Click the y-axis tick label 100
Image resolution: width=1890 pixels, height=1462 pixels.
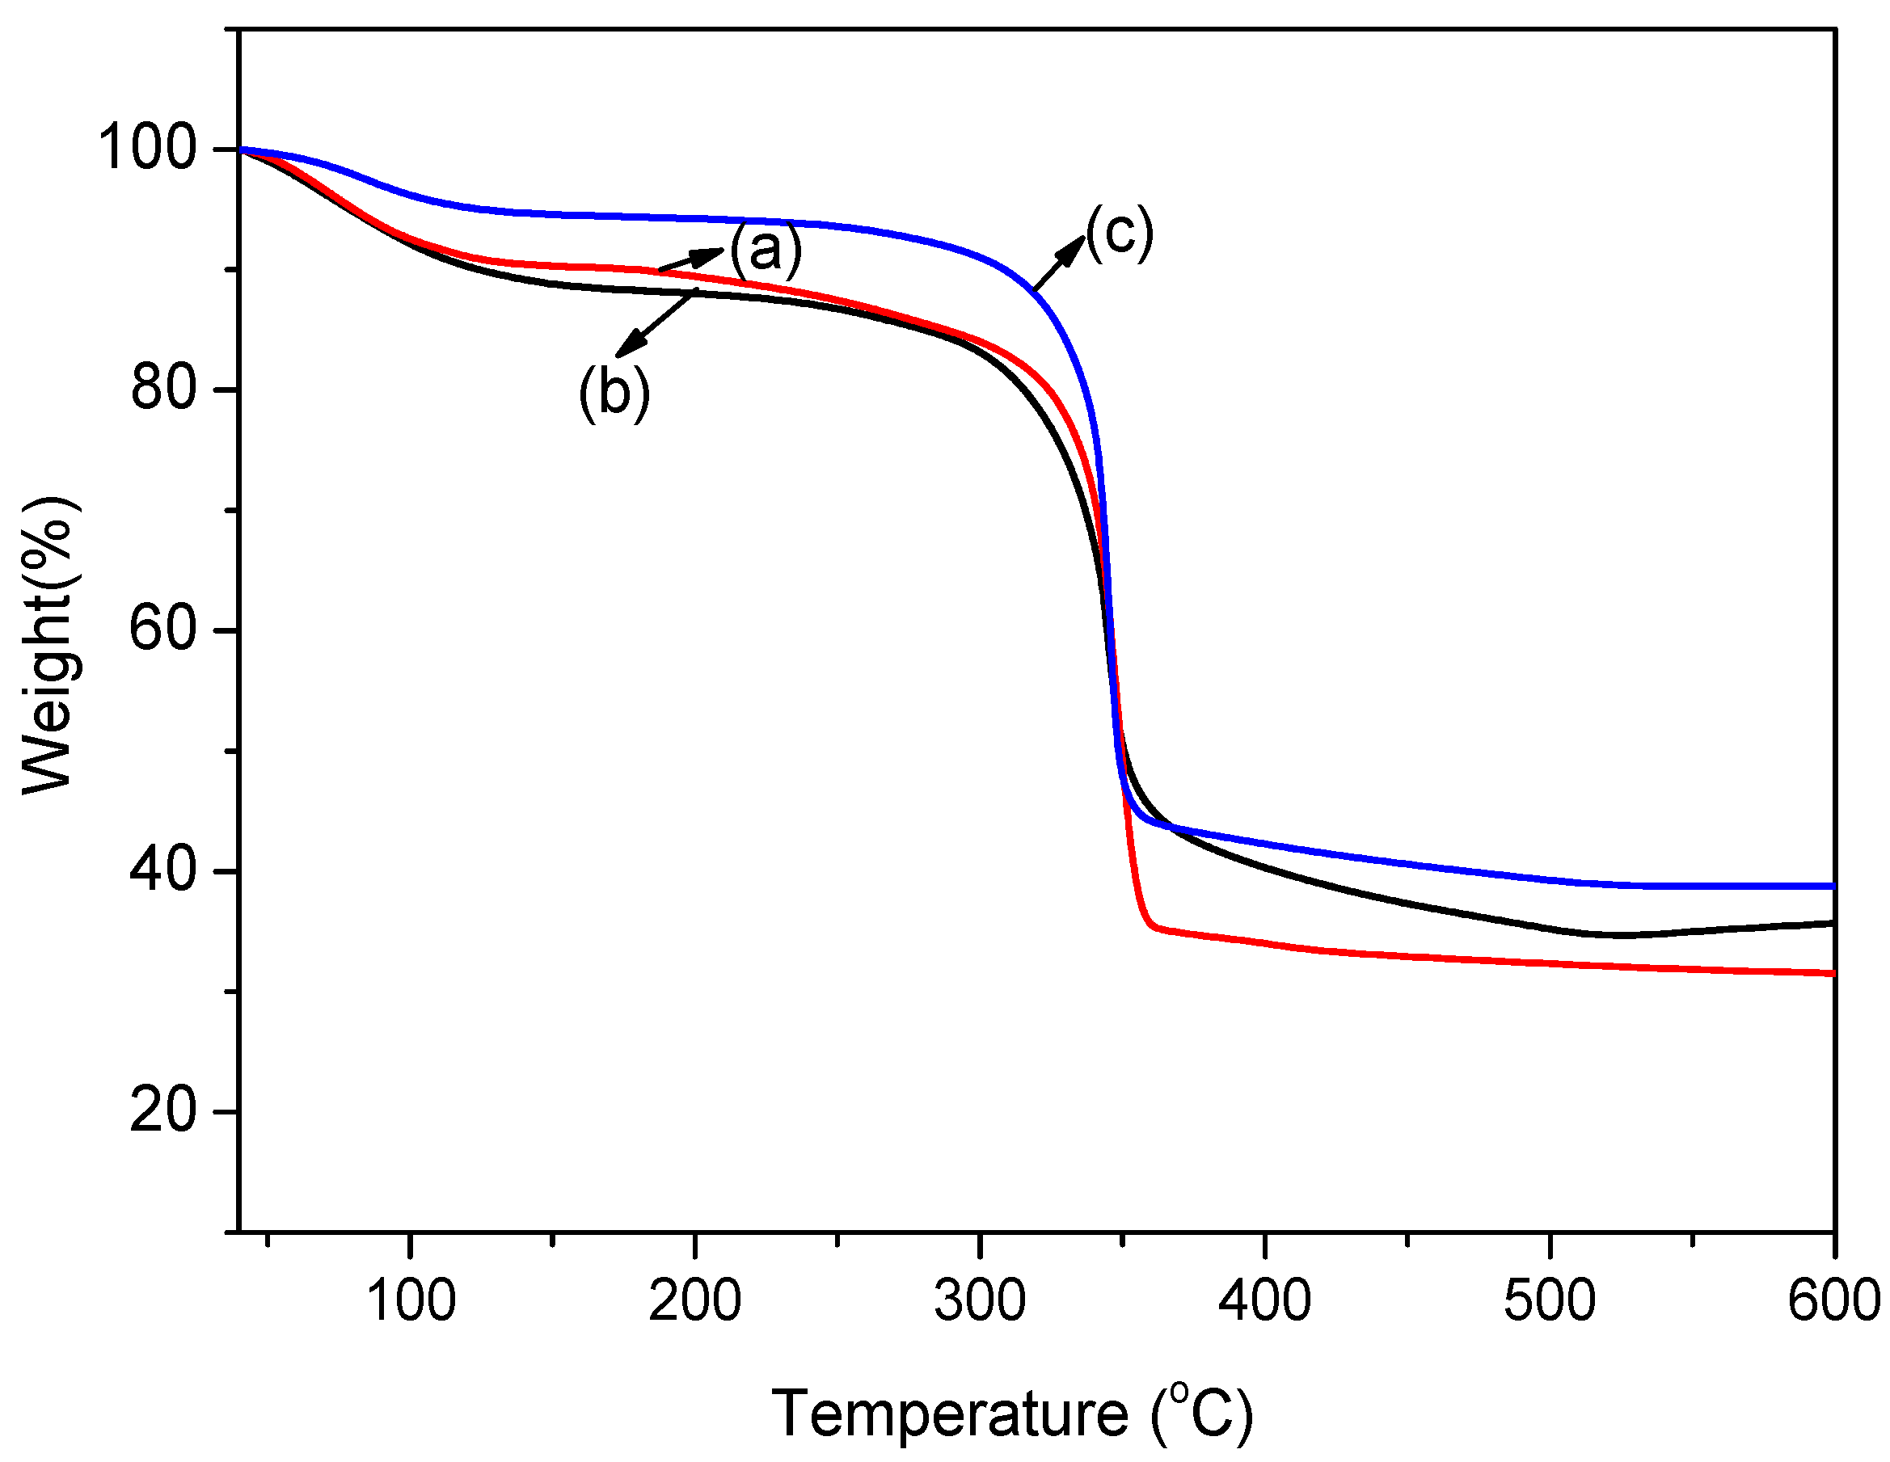pos(147,148)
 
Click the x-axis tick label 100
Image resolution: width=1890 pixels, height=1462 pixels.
pos(410,1300)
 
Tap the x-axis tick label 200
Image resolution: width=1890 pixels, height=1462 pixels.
pos(695,1300)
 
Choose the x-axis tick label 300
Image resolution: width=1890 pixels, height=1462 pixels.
pos(980,1300)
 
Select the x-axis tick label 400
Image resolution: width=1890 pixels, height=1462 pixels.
pos(1264,1300)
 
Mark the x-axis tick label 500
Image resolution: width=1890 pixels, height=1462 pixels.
pos(1549,1300)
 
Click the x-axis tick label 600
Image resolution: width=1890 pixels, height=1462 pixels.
pos(1833,1300)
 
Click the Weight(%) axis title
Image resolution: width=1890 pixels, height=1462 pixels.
pos(49,644)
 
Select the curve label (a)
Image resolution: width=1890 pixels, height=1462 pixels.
pos(766,251)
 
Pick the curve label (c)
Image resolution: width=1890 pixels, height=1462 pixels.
pos(1119,233)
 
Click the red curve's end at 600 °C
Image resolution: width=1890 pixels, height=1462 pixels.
pos(1831,973)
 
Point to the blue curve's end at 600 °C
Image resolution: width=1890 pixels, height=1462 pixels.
pos(1831,886)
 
